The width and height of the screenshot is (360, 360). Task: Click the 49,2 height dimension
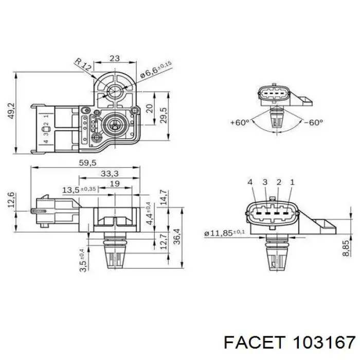[x=11, y=111]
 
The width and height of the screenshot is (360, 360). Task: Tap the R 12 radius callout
[x=83, y=64]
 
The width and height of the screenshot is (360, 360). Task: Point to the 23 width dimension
[x=115, y=58]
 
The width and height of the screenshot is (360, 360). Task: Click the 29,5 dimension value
[x=164, y=115]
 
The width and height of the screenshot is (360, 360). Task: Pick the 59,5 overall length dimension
[x=87, y=163]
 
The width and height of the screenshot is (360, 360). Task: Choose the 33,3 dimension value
[x=110, y=174]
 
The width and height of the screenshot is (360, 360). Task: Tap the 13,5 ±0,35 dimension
[x=79, y=190]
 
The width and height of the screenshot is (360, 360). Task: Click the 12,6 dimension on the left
[x=11, y=200]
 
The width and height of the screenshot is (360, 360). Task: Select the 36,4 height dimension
[x=176, y=237]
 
